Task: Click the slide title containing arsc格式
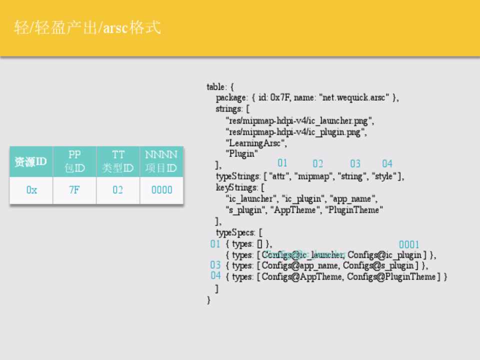click(x=88, y=27)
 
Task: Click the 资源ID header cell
click(x=31, y=162)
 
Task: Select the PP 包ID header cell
click(x=74, y=161)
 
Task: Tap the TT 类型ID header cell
click(x=117, y=161)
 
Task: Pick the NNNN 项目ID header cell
click(x=161, y=161)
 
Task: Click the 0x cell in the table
click(x=31, y=190)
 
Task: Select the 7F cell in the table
click(x=74, y=190)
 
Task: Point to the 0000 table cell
click(x=161, y=190)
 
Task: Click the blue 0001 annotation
click(x=409, y=244)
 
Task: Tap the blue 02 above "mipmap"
click(x=318, y=164)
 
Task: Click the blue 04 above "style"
click(x=387, y=163)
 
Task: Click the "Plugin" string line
click(x=242, y=154)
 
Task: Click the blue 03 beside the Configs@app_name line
click(x=215, y=265)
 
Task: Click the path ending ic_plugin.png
click(x=296, y=132)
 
